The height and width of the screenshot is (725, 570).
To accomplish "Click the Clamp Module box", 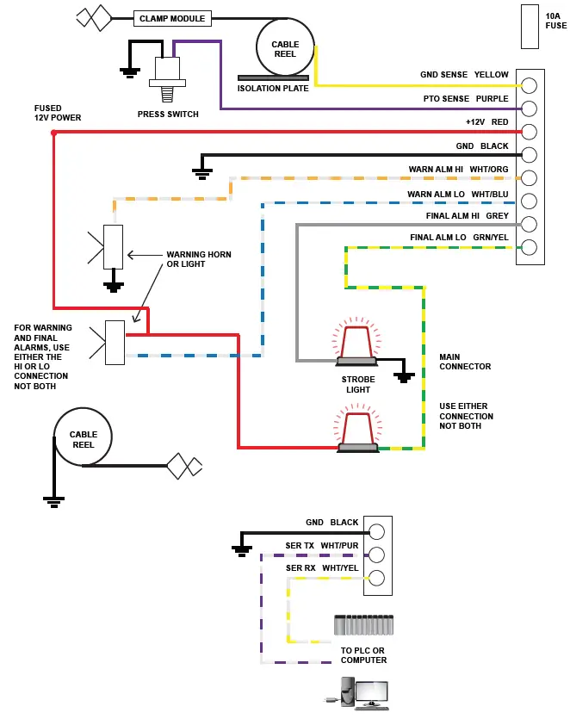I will click(172, 18).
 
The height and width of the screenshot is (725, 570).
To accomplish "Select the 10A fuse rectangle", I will click(530, 27).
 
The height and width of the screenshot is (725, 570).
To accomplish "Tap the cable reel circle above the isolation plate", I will click(285, 48).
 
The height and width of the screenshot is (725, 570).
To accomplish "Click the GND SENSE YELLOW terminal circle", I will click(530, 85).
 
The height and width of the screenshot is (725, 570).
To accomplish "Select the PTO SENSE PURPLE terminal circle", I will click(530, 108).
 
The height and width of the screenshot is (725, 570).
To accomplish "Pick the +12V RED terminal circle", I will click(530, 132).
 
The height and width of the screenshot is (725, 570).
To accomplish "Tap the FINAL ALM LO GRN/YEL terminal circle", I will click(530, 248).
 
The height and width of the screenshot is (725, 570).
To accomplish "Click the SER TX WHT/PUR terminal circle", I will click(376, 554).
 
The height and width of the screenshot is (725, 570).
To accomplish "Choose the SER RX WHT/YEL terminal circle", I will click(376, 577).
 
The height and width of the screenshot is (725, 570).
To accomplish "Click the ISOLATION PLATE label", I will click(272, 89).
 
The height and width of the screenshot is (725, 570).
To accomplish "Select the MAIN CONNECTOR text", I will click(465, 362).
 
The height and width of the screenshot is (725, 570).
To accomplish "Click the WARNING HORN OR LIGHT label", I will click(199, 259).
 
